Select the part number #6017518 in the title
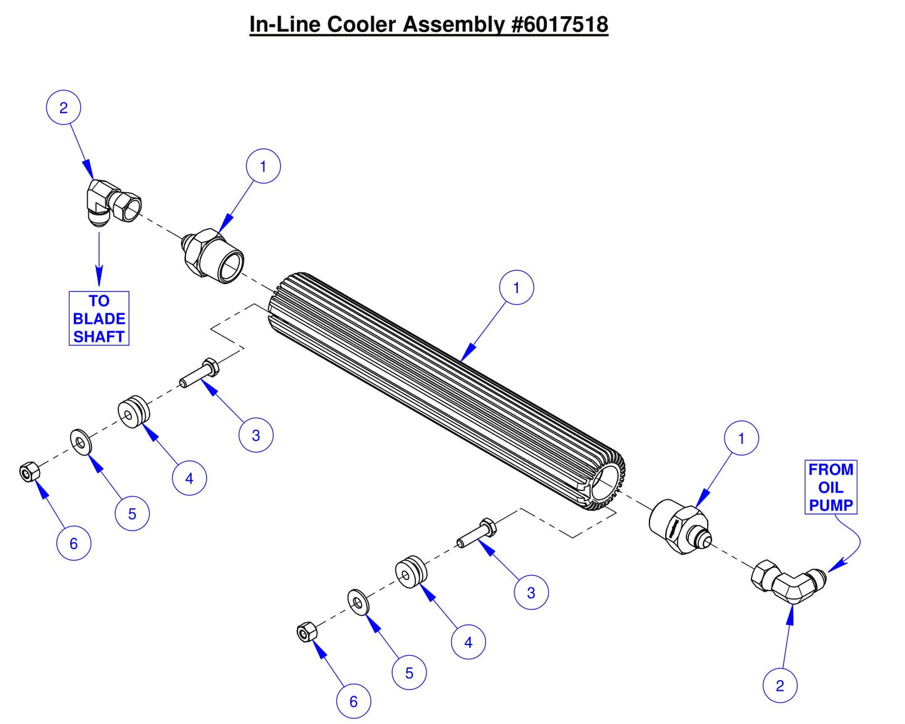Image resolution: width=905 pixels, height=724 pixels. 559,24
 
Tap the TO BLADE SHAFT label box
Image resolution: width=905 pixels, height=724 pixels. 99,318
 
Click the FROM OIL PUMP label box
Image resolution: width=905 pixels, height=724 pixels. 830,487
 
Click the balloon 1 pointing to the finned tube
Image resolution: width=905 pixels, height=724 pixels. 516,287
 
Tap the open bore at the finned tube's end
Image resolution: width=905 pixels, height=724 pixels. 604,482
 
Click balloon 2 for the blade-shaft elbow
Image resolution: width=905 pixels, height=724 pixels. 63,108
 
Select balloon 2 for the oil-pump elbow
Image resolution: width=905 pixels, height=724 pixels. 780,685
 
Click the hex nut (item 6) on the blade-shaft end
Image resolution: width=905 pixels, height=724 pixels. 29,472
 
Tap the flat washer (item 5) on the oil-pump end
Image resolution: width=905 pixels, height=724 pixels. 358,602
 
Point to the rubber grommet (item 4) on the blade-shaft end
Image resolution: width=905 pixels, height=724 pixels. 134,411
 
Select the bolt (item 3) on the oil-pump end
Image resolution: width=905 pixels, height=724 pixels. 477,533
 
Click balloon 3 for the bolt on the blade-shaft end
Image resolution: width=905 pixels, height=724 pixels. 256,435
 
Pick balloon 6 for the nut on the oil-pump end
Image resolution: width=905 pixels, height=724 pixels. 353,701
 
